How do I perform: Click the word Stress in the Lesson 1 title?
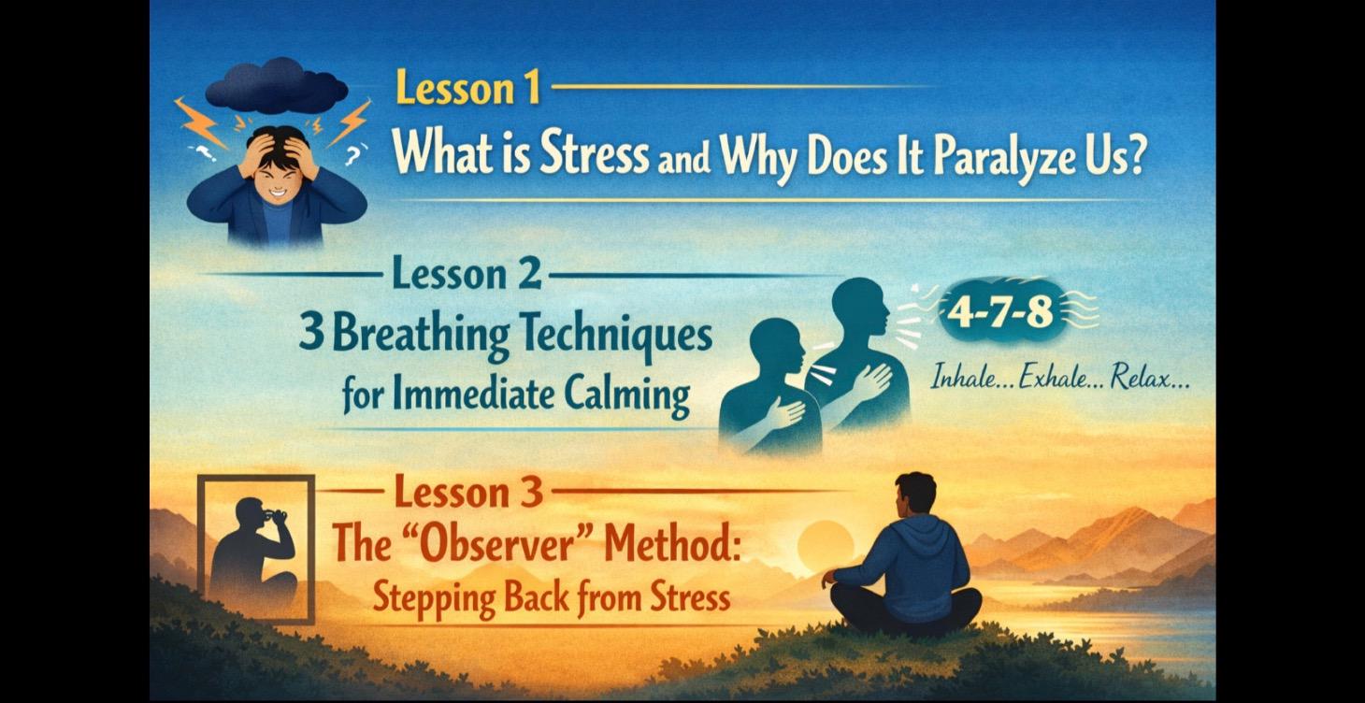[593, 155]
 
